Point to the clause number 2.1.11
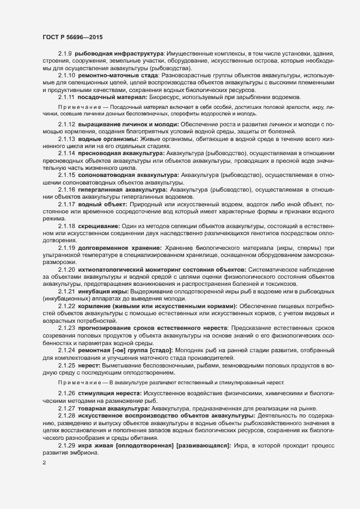coord(66,97)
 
